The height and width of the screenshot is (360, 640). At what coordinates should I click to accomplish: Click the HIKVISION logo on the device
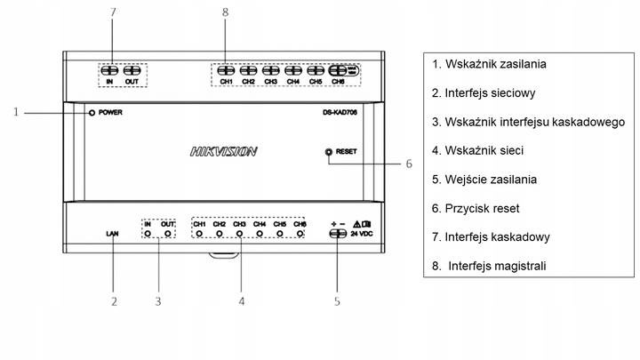click(x=224, y=152)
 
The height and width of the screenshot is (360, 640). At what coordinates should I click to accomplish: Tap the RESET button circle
click(x=329, y=152)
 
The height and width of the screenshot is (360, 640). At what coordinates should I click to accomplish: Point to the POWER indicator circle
click(x=92, y=113)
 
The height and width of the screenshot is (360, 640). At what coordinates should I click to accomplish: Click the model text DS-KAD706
click(x=340, y=113)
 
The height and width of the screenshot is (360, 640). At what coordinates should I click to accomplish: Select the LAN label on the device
click(x=113, y=234)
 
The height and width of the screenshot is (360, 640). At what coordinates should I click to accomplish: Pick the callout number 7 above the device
click(x=114, y=12)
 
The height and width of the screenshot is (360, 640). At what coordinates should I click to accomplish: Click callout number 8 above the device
click(x=225, y=12)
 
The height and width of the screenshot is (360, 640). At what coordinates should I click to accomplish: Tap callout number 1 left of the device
click(x=16, y=112)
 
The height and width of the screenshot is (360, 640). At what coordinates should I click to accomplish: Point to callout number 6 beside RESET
click(x=409, y=164)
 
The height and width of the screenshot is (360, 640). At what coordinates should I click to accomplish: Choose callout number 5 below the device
click(x=337, y=301)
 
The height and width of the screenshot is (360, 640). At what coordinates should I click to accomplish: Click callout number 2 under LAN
click(x=114, y=301)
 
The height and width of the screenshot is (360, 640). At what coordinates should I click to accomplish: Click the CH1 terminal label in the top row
click(x=226, y=83)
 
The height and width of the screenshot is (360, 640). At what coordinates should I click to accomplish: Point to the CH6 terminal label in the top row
click(x=338, y=83)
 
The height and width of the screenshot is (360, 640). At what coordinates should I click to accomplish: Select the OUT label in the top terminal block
click(x=132, y=83)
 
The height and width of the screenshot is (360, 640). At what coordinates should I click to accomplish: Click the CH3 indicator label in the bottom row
click(x=239, y=224)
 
